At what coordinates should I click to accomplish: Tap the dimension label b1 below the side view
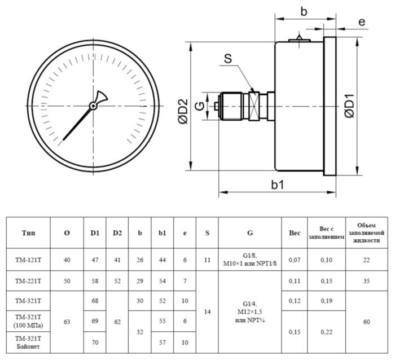pyautogui.click(x=277, y=184)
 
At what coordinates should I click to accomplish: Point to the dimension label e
pyautogui.click(x=362, y=22)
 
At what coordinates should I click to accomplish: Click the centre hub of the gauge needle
pyautogui.click(x=93, y=105)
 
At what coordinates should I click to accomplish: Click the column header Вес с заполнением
pyautogui.click(x=326, y=232)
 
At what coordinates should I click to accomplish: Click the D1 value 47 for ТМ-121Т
pyautogui.click(x=95, y=260)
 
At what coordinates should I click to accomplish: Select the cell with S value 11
pyautogui.click(x=207, y=260)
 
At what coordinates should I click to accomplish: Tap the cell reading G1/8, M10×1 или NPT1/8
pyautogui.click(x=249, y=260)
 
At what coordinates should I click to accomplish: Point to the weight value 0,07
pyautogui.click(x=294, y=260)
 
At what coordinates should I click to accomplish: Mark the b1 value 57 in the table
pyautogui.click(x=163, y=342)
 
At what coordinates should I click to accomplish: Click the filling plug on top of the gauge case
pyautogui.click(x=299, y=38)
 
